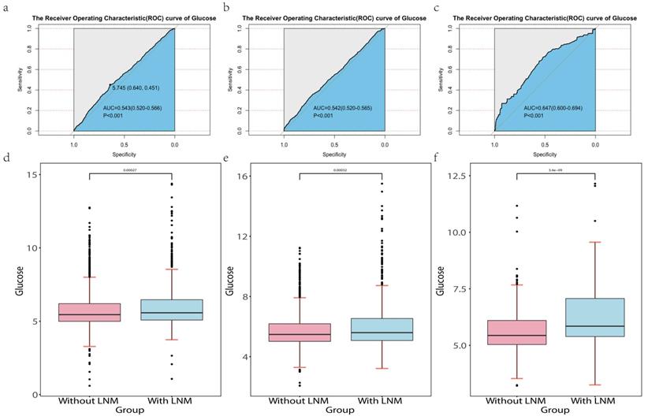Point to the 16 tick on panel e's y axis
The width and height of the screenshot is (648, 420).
tap(244, 177)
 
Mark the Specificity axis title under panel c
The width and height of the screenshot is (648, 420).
tap(544, 154)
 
